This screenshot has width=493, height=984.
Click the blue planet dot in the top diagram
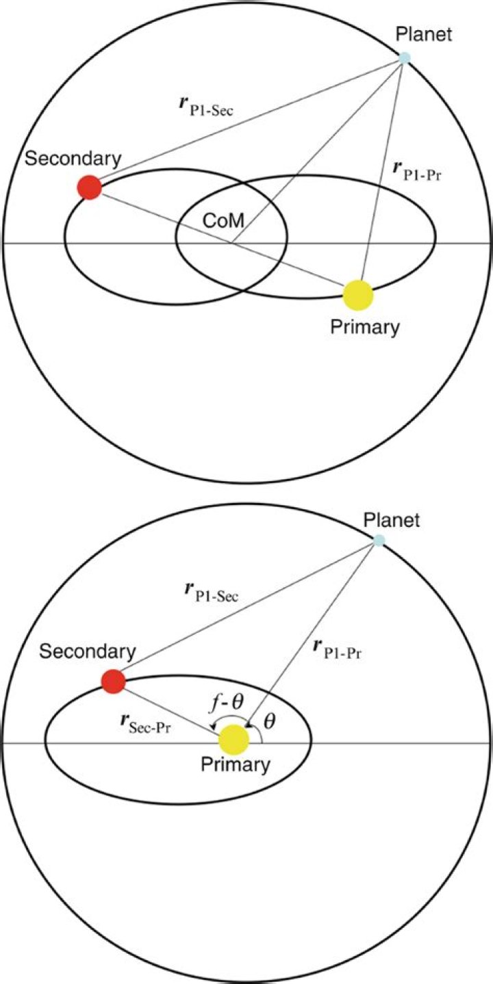[404, 57]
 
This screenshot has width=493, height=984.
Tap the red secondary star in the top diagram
[90, 187]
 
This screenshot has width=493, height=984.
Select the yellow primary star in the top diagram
[358, 295]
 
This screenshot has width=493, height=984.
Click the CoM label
[223, 220]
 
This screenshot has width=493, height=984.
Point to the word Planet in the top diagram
[424, 34]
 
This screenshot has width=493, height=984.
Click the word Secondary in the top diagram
[73, 159]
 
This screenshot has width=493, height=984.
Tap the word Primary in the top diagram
[365, 327]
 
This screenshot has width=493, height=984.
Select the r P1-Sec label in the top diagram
[206, 106]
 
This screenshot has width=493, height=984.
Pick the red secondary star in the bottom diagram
[114, 682]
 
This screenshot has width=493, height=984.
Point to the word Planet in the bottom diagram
[392, 521]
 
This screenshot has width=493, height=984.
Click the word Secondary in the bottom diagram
[88, 651]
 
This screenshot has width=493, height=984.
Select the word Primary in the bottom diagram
[236, 765]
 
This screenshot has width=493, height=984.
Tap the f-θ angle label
[225, 703]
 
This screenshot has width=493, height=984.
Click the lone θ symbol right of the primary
[269, 721]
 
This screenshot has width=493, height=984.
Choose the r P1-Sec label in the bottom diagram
[212, 591]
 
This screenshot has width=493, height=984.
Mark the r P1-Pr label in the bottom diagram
[337, 651]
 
